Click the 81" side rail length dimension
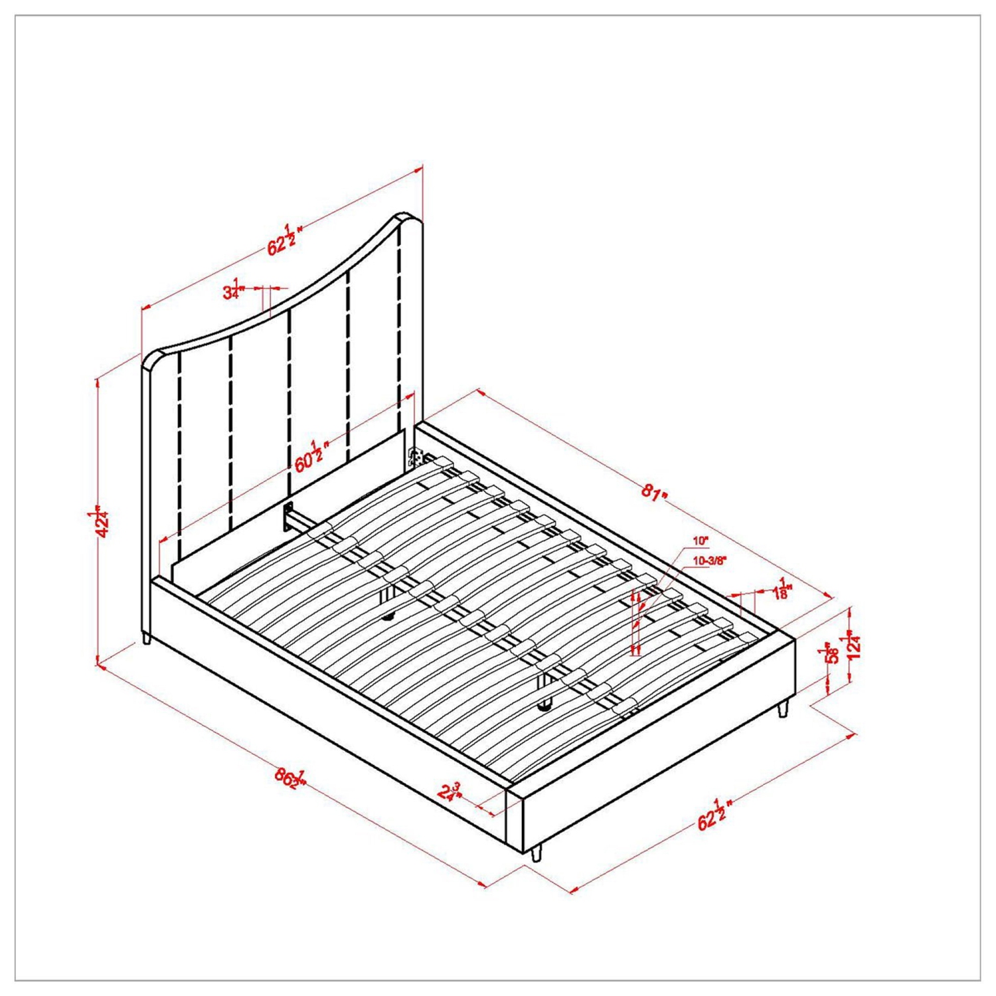click(653, 493)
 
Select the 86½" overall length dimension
click(290, 778)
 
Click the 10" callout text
click(701, 541)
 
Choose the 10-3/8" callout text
click(709, 560)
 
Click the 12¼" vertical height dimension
click(854, 646)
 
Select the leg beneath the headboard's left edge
click(146, 639)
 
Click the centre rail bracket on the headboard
click(290, 515)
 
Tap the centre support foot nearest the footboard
click(546, 705)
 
